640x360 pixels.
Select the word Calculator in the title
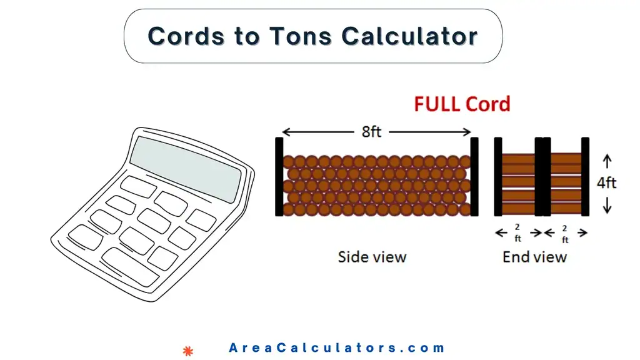(410, 36)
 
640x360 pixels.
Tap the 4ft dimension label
(606, 182)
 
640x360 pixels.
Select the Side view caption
(372, 257)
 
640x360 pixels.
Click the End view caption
(534, 257)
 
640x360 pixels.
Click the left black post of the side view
(279, 177)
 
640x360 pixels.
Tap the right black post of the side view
(474, 177)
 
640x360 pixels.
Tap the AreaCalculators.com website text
(337, 348)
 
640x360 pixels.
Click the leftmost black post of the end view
(498, 177)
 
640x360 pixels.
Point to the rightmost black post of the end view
(585, 177)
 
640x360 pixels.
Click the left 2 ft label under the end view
(518, 233)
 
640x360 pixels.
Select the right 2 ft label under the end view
(565, 233)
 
